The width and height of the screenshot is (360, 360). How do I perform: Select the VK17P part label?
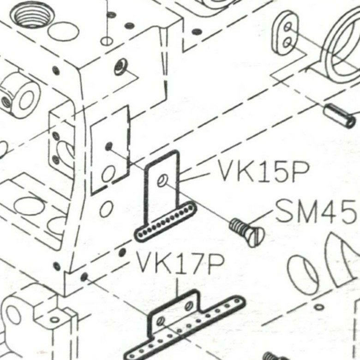180,264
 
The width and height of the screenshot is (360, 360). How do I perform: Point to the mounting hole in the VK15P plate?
162,180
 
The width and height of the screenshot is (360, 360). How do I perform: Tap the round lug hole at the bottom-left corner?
12,314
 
